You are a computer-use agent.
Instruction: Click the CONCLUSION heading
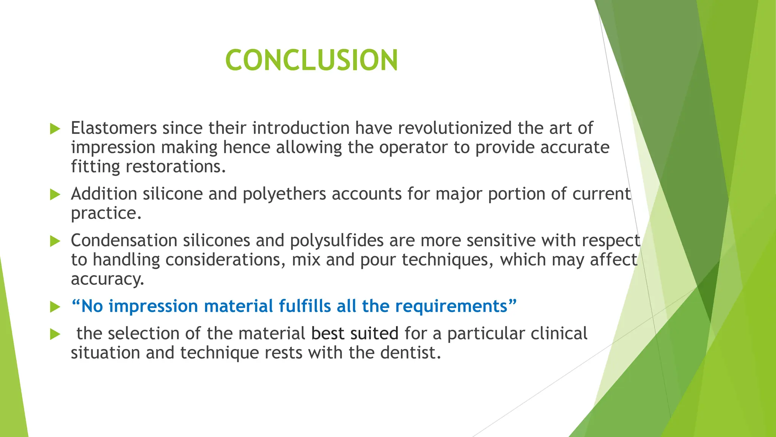pyautogui.click(x=311, y=60)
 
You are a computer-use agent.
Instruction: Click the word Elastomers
pyautogui.click(x=114, y=128)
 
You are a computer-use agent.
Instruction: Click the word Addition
pyautogui.click(x=104, y=194)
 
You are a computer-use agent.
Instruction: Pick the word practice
pyautogui.click(x=106, y=213)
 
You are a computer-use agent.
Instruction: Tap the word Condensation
pyautogui.click(x=124, y=241)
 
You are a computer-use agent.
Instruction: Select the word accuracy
pyautogui.click(x=107, y=279)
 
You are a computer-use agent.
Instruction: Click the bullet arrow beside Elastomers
pyautogui.click(x=55, y=129)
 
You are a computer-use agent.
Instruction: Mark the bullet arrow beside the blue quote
pyautogui.click(x=55, y=307)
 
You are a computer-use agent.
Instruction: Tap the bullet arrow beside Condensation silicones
pyautogui.click(x=55, y=241)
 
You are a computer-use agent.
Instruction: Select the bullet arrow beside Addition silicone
pyautogui.click(x=55, y=195)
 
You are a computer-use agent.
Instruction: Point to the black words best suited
pyautogui.click(x=355, y=333)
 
